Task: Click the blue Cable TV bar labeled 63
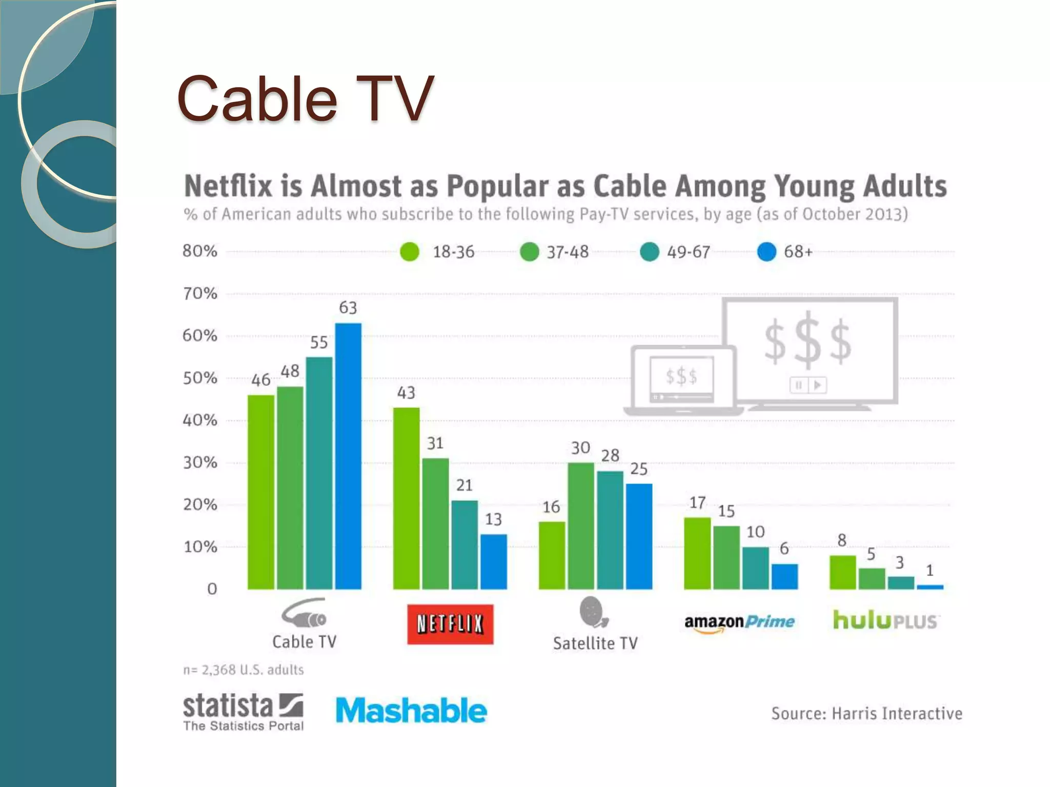(x=348, y=456)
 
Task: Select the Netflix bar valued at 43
(x=406, y=498)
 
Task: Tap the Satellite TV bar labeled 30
(x=580, y=526)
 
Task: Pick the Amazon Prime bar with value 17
(x=697, y=553)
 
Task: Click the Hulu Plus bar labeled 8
(x=842, y=572)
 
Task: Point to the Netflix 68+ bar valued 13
(x=493, y=562)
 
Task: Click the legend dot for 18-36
(x=410, y=252)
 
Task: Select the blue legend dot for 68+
(x=766, y=252)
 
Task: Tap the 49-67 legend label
(x=688, y=252)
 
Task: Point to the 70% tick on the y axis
(x=200, y=294)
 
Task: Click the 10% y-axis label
(x=200, y=547)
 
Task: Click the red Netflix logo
(x=450, y=624)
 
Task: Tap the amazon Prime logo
(x=739, y=622)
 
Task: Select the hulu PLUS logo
(x=885, y=620)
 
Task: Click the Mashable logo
(x=411, y=711)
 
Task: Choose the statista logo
(x=243, y=711)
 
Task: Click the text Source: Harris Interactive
(x=866, y=713)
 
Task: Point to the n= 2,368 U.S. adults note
(x=244, y=670)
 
